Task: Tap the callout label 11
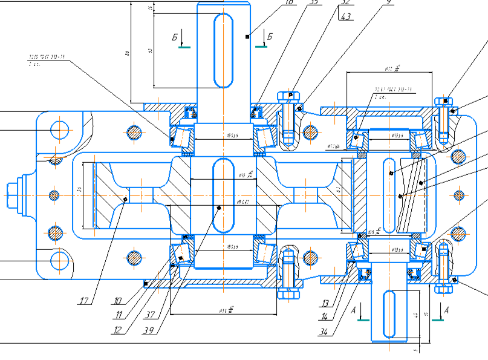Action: click(119, 315)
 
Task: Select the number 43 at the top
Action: click(346, 16)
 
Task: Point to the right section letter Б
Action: click(270, 37)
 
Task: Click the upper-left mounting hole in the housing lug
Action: click(60, 129)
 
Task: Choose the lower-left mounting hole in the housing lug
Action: click(60, 261)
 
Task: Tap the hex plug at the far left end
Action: click(13, 195)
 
